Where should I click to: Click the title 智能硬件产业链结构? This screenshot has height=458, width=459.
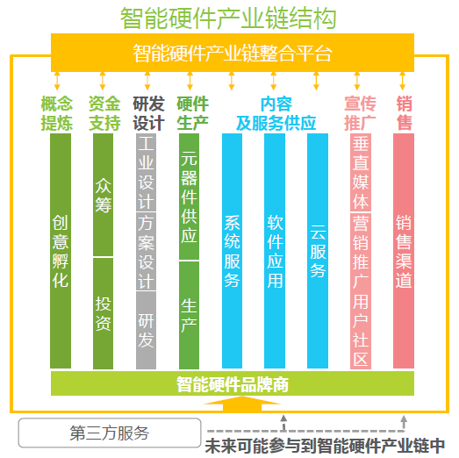tap(228, 18)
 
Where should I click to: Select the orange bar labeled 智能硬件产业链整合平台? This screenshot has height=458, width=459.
tap(233, 53)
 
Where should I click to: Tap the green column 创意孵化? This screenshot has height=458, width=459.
tap(61, 251)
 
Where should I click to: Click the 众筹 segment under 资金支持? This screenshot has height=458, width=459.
tap(103, 195)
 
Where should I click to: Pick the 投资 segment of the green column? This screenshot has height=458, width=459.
tap(103, 313)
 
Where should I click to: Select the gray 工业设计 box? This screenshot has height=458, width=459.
tap(146, 172)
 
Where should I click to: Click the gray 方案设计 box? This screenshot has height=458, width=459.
tap(146, 252)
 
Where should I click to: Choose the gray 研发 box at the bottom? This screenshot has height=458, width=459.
tap(146, 331)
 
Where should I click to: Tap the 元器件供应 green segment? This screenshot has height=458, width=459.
tap(189, 197)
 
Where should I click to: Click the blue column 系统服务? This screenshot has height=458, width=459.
tap(233, 251)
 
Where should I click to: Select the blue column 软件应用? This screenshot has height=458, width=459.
tap(275, 251)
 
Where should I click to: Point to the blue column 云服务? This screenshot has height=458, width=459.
tap(318, 251)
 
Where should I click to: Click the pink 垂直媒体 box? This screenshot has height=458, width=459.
tap(361, 172)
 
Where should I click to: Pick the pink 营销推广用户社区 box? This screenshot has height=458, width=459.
tap(361, 291)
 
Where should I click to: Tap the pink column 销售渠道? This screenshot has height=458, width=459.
tap(404, 251)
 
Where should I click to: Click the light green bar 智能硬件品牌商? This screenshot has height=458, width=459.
tap(233, 383)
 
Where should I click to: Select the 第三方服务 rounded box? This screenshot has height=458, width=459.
tap(110, 433)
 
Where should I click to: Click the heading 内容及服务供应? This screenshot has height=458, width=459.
tap(276, 113)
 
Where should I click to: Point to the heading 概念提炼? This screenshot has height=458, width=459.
tap(56, 113)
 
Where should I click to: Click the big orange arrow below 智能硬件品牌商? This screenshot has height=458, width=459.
tap(242, 404)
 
